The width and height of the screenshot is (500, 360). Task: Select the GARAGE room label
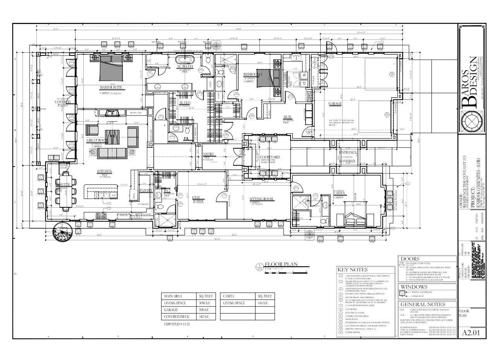click(x=335, y=104)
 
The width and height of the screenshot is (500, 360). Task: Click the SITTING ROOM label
click(x=261, y=199)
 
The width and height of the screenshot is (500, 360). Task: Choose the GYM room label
click(x=196, y=198)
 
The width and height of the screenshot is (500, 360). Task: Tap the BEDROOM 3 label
click(x=253, y=74)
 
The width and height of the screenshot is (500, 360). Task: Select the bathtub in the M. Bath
click(x=185, y=60)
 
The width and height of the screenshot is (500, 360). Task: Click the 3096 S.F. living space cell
click(x=204, y=303)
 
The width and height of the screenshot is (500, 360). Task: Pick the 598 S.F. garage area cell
click(x=204, y=310)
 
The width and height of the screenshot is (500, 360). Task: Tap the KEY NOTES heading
click(x=352, y=270)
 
